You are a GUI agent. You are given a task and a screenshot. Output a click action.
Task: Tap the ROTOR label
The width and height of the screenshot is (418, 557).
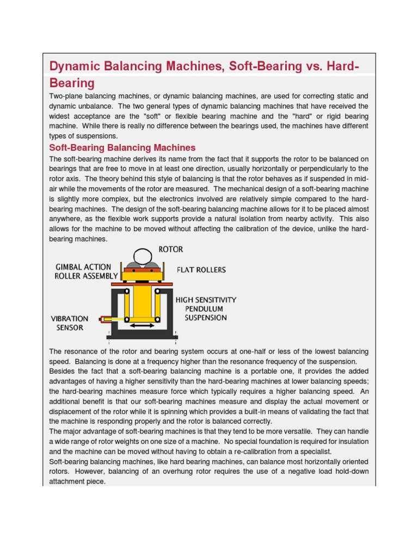pos(170,250)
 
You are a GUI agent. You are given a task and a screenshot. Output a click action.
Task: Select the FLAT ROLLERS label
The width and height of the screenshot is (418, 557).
pos(201,269)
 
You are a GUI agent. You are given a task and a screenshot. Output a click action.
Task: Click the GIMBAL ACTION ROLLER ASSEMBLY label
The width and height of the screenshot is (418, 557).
pos(87,271)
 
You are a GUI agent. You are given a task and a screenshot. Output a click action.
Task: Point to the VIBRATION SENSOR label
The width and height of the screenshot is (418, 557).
pos(69,323)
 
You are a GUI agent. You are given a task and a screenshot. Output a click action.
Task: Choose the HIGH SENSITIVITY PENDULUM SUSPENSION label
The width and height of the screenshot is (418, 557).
pos(205,308)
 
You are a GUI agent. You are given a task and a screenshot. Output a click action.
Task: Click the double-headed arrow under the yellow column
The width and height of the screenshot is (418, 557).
pos(142,326)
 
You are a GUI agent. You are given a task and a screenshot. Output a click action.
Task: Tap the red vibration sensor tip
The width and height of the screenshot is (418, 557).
pos(102,319)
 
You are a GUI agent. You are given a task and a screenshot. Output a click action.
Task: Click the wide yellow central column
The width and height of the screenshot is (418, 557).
pos(142,302)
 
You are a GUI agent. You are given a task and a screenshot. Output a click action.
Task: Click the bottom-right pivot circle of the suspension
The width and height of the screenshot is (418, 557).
pos(158,319)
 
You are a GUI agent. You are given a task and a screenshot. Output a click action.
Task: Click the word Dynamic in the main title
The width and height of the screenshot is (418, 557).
pos(72,66)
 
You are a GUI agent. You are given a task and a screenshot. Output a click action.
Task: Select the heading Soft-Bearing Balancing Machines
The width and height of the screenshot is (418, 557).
pos(122,147)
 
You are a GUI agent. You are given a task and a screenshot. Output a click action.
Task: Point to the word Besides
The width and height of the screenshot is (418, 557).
pos(63,372)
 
